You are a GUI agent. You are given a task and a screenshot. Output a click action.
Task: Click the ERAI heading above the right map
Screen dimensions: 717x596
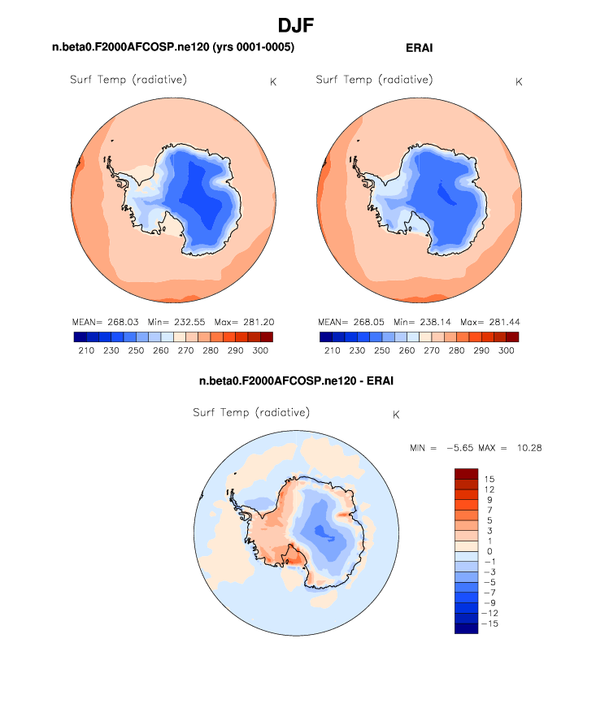pos(419,48)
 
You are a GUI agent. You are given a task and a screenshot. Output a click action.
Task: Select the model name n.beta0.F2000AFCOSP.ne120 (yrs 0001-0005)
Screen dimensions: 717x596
pos(173,48)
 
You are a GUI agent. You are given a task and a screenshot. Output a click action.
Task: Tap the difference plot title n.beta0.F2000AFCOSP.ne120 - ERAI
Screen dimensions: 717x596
pos(297,380)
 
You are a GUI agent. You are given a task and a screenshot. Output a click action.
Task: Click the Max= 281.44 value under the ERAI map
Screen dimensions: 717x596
pos(488,322)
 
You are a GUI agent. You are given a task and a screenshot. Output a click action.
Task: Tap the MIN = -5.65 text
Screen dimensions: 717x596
pos(440,448)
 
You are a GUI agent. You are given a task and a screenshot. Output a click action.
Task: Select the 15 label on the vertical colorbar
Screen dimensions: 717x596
pos(488,480)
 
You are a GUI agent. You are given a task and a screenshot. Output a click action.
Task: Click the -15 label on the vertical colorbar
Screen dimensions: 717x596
pos(490,622)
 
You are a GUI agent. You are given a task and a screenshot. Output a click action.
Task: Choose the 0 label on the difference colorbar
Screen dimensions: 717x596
pos(487,550)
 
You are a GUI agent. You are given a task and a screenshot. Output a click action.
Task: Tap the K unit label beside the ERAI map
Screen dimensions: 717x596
pos(519,82)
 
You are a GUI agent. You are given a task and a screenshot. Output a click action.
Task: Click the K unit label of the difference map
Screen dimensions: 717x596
pos(396,415)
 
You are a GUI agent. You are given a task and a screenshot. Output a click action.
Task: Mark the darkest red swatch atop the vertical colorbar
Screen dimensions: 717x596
pos(466,474)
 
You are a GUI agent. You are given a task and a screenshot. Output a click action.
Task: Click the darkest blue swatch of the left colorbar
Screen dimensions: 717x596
pos(80,337)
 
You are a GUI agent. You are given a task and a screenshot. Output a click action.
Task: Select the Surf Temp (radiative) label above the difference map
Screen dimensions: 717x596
pos(251,413)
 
